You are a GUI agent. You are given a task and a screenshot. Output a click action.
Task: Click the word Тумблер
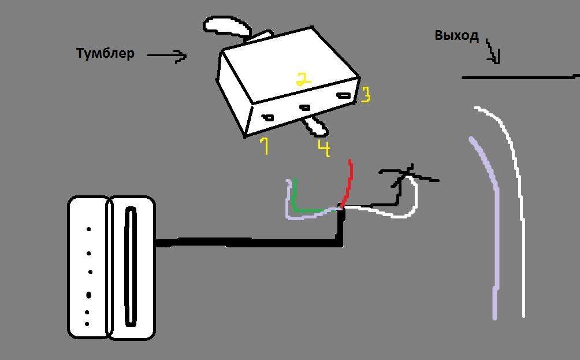click(x=105, y=53)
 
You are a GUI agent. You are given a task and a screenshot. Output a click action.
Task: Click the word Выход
click(x=456, y=36)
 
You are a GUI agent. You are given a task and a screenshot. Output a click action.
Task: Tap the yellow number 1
click(x=264, y=146)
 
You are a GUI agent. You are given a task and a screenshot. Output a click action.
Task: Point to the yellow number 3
click(x=365, y=95)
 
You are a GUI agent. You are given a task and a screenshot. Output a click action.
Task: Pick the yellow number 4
click(x=324, y=148)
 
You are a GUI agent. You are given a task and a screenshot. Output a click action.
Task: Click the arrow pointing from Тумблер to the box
click(x=168, y=55)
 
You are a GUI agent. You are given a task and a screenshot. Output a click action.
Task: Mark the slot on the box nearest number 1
click(x=268, y=118)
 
